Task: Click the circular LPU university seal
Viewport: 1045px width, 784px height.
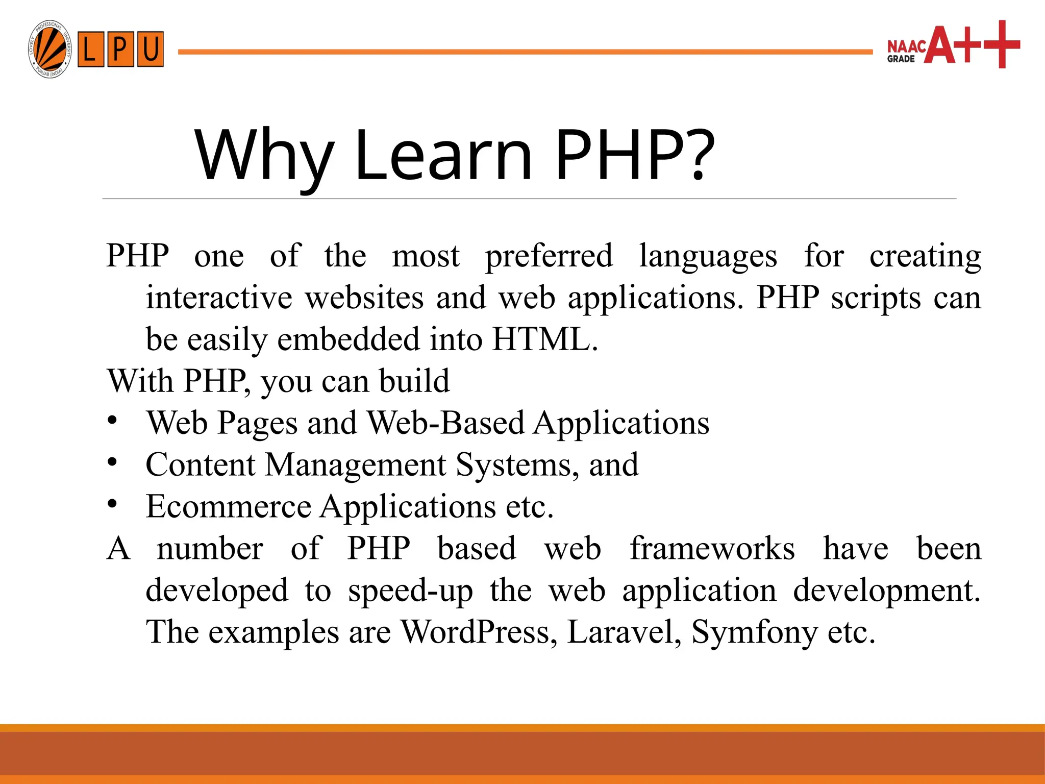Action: click(x=49, y=50)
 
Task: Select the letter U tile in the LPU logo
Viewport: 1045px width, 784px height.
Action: click(x=150, y=50)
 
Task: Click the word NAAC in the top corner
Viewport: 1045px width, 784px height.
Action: click(x=907, y=46)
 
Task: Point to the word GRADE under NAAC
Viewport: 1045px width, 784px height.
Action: click(x=901, y=59)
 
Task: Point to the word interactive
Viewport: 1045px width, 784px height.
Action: click(x=219, y=298)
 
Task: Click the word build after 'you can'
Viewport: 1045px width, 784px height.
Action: click(x=414, y=381)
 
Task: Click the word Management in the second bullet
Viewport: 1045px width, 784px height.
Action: click(x=356, y=465)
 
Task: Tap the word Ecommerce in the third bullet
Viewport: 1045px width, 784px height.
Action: click(x=228, y=507)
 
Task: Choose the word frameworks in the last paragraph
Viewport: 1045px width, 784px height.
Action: click(x=712, y=549)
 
